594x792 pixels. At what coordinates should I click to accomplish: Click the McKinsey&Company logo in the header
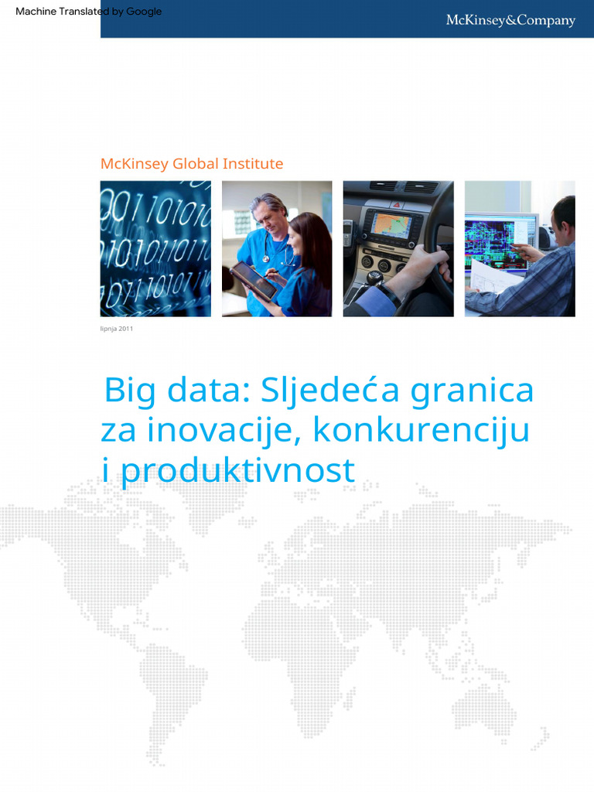point(510,21)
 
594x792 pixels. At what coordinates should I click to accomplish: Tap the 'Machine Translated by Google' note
point(88,12)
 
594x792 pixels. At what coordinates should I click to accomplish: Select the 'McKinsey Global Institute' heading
point(192,164)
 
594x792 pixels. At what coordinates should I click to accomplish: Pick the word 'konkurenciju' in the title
point(422,430)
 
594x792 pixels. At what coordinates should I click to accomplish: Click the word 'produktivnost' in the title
point(237,469)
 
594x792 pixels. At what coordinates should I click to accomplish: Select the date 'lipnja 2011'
point(117,329)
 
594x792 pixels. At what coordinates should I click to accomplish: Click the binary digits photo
point(155,248)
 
